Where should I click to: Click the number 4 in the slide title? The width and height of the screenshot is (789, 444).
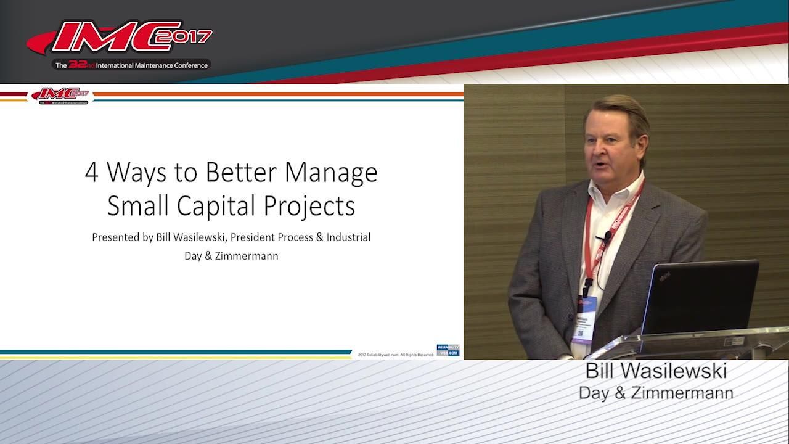pos(92,173)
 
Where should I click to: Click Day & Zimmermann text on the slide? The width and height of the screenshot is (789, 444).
pos(231,255)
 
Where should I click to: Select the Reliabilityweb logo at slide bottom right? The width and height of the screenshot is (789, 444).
pos(448,350)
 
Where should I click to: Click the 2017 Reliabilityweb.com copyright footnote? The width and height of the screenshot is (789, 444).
pos(396,355)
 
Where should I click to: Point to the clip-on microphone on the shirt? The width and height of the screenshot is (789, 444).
pos(607,236)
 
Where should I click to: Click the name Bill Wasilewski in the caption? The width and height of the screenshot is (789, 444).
pos(656,371)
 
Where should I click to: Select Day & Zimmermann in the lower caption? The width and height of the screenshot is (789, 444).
pos(656,393)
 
